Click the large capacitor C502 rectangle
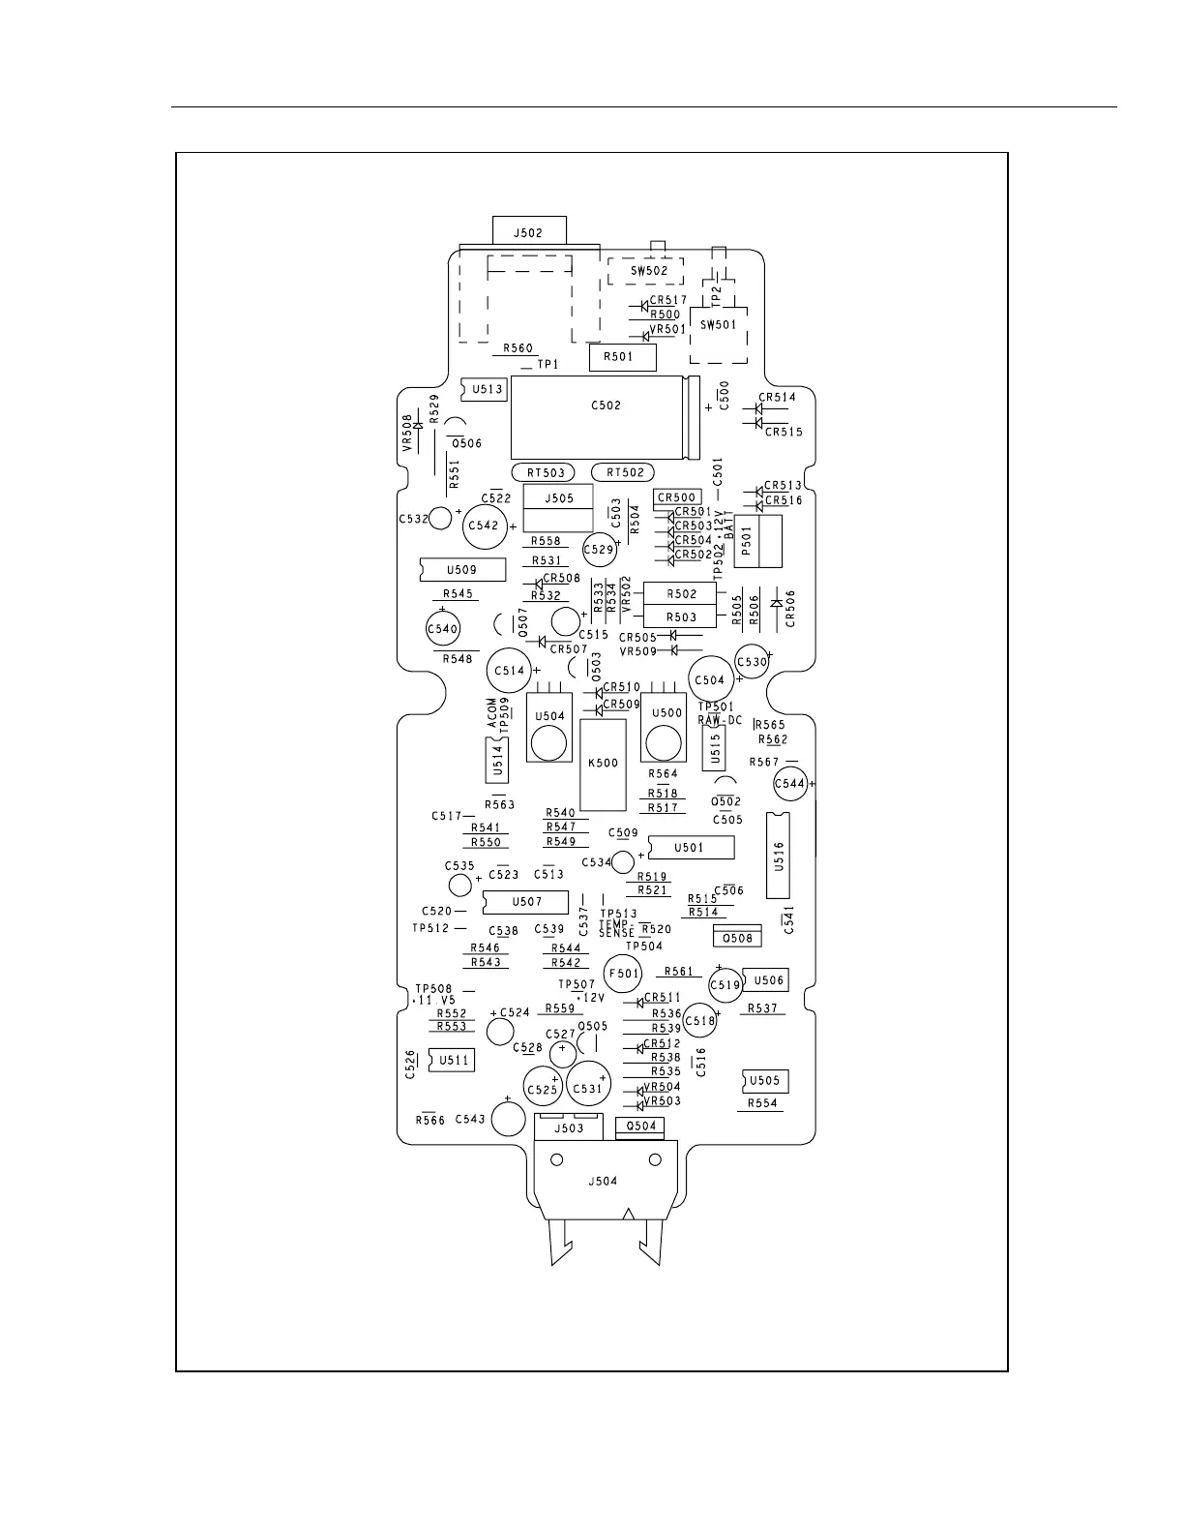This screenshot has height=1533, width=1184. [x=600, y=418]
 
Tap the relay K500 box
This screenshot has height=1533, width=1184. [x=604, y=764]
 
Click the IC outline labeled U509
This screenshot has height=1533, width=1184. [x=462, y=570]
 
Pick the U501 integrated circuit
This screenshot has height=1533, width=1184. [x=690, y=848]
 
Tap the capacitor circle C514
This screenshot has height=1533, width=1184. [x=509, y=670]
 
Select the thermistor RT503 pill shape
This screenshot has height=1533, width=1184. [x=547, y=472]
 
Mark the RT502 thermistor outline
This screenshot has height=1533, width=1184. [x=624, y=472]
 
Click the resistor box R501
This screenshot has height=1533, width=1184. [x=623, y=357]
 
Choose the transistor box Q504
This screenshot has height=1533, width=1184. [x=641, y=1126]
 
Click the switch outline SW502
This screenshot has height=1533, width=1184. [x=645, y=271]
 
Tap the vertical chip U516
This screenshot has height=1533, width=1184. [x=779, y=856]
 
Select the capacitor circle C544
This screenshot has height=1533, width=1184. [x=790, y=784]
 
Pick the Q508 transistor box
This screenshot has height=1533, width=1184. [x=737, y=937]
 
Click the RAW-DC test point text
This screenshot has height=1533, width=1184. [x=720, y=720]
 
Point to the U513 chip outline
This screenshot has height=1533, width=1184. [x=485, y=389]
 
